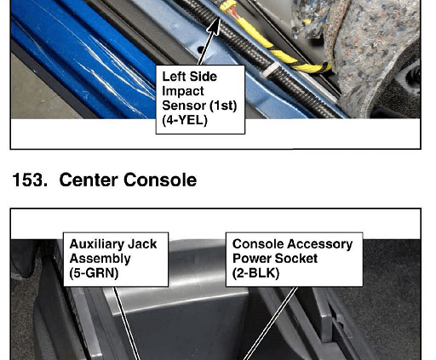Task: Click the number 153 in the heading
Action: tap(30, 180)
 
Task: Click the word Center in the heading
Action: tap(89, 180)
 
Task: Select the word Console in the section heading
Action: tap(160, 180)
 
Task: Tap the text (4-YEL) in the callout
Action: tap(185, 120)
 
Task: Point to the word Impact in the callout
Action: tap(183, 91)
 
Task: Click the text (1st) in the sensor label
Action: tap(223, 106)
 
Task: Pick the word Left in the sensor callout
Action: tap(174, 77)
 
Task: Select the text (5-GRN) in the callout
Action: tap(94, 273)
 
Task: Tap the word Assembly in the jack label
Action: tap(100, 259)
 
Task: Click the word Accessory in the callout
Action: tap(315, 244)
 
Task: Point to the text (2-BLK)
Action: tap(255, 273)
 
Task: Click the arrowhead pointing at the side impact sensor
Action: tap(215, 26)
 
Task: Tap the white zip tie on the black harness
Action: tap(270, 71)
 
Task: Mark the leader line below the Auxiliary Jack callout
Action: tap(127, 323)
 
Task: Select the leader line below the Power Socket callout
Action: tap(270, 323)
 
